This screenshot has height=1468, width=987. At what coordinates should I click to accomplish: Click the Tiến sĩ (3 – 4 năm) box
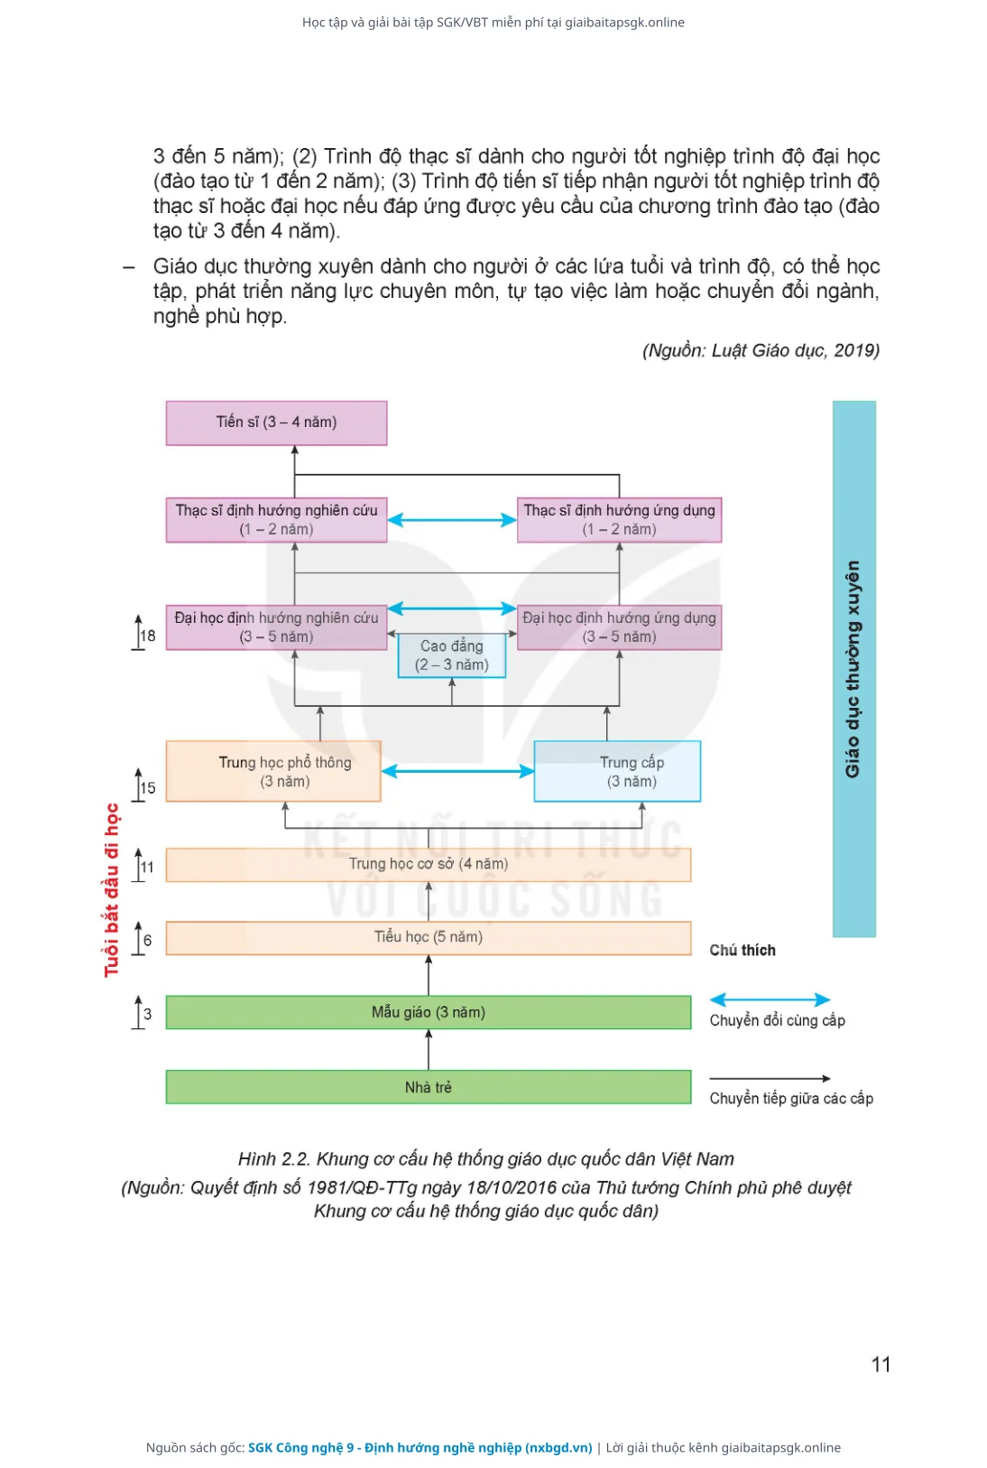tap(276, 423)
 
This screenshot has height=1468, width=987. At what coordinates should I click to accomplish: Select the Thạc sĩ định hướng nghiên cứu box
tap(276, 520)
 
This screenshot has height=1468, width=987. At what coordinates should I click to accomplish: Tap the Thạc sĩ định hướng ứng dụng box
tap(619, 520)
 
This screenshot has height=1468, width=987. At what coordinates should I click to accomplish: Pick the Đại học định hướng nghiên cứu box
tap(276, 627)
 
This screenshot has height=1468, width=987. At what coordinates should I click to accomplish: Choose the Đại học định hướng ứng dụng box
tap(619, 627)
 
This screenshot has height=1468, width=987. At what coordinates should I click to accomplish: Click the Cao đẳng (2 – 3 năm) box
tap(452, 655)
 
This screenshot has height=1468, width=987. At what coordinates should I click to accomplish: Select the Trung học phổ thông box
tap(273, 771)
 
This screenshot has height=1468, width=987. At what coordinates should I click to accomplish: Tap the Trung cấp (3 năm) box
tap(618, 771)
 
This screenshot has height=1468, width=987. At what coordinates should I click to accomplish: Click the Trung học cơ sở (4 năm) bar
tap(429, 864)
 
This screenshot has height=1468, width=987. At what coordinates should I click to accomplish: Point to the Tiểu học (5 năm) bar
tap(429, 938)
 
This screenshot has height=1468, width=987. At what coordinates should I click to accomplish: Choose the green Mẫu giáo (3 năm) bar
tap(429, 1013)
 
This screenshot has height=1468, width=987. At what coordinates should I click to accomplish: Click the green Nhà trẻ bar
tap(429, 1087)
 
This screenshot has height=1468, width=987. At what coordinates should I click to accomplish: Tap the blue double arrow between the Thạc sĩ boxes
tap(452, 520)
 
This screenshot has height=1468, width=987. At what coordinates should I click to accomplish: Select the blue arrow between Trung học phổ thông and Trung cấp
tap(457, 771)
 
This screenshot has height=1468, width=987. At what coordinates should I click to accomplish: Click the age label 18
tap(148, 635)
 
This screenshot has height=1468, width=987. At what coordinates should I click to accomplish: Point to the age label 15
tap(148, 788)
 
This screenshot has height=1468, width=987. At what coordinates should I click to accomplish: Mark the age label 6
tap(147, 941)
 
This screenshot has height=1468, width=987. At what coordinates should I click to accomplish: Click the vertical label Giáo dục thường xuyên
tap(852, 669)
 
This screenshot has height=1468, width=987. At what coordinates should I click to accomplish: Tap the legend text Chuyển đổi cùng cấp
tap(778, 1020)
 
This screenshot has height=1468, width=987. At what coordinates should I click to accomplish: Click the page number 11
tap(881, 1364)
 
